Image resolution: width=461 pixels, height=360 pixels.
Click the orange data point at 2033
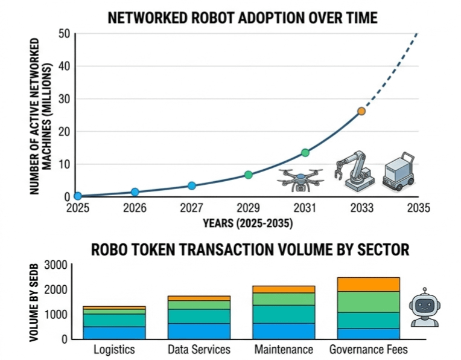(361, 111)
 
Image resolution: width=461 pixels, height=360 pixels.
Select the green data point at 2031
(305, 153)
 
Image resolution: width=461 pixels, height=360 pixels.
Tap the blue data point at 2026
(135, 192)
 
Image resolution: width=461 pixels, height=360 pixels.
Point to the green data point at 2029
(249, 175)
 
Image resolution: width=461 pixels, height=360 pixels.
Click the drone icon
(300, 179)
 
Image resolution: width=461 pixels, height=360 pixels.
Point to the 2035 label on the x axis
(418, 208)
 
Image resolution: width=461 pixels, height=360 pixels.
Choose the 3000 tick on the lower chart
(56, 265)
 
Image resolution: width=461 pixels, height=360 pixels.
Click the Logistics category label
(115, 350)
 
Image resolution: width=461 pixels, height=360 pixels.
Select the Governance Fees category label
(368, 350)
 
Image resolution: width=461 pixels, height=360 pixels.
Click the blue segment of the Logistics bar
(114, 332)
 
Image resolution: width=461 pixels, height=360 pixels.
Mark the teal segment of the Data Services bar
(199, 316)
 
